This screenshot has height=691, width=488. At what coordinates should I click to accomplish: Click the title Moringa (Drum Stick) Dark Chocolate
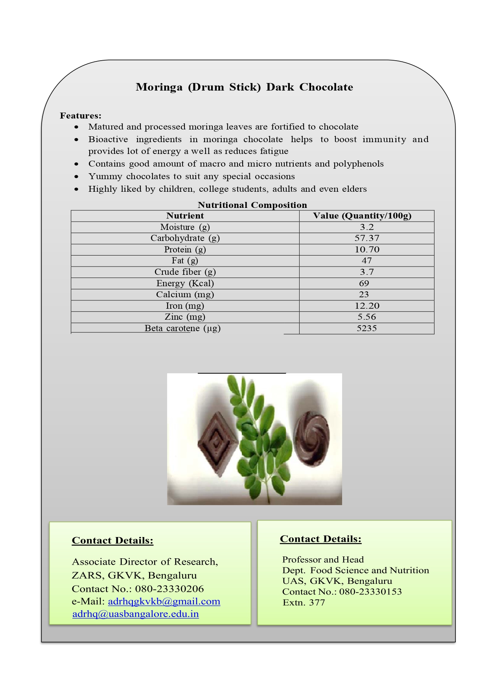(x=244, y=87)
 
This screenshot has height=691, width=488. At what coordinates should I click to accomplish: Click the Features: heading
(x=81, y=116)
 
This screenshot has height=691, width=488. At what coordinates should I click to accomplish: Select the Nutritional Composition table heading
(x=252, y=205)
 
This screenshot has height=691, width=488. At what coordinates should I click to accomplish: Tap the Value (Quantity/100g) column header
(x=362, y=216)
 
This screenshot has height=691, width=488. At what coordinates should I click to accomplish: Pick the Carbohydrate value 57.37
(x=367, y=238)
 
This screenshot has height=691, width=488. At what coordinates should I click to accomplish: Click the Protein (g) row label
(x=185, y=250)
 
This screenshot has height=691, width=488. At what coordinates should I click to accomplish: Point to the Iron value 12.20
(x=367, y=306)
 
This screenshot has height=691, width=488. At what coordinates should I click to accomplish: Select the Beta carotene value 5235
(x=366, y=328)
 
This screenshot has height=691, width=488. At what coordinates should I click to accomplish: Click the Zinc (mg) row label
(x=185, y=317)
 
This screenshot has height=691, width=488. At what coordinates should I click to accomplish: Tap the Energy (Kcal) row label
(x=185, y=283)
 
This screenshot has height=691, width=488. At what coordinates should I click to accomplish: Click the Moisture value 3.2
(x=366, y=227)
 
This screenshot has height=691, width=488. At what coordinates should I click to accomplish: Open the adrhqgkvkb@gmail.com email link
(x=164, y=602)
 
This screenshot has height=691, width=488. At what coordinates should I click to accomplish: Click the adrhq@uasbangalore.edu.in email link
(x=136, y=614)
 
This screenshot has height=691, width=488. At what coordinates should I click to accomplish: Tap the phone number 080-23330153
(x=370, y=592)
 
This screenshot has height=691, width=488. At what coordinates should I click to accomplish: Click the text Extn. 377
(x=304, y=603)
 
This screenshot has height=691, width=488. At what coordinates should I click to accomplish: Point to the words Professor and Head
(x=323, y=560)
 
